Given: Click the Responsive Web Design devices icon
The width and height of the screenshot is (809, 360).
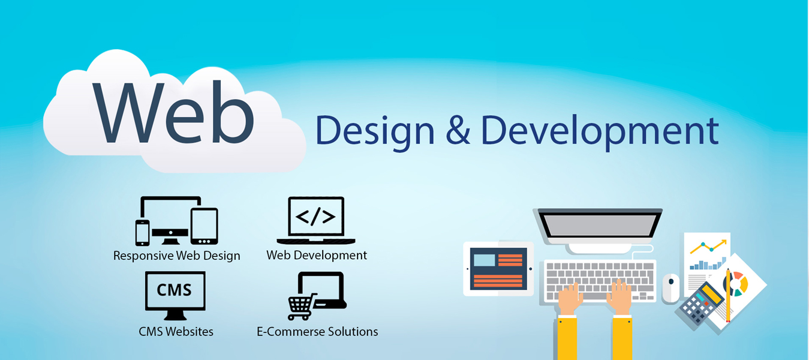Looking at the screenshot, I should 176,220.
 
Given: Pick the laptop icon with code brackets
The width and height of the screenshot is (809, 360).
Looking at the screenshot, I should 315,220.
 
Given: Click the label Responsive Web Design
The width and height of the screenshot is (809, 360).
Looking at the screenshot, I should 176,256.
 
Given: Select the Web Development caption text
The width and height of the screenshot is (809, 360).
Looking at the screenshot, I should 317,255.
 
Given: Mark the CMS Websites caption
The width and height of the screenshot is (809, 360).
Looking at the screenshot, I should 176,331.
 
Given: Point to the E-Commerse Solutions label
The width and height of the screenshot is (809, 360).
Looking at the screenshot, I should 317,331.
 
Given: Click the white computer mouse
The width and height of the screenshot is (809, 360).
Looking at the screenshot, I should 671,287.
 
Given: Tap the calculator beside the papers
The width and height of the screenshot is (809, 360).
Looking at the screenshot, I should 701,303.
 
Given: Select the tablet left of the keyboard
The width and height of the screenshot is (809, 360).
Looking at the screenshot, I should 498,268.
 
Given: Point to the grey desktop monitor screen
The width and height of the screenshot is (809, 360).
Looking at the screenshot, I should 600,224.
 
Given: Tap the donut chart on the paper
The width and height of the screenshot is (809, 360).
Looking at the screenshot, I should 739,282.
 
